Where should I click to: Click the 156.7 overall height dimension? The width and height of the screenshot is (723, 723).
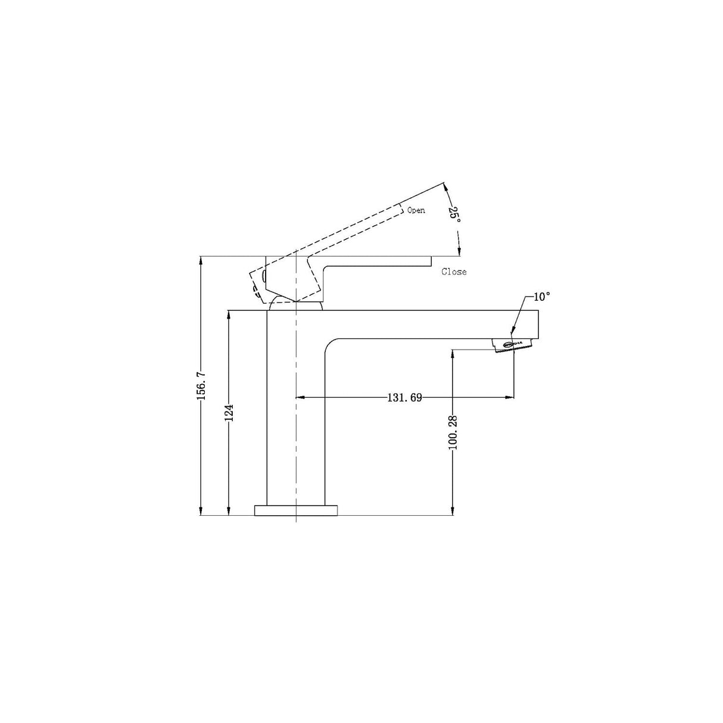click(201, 386)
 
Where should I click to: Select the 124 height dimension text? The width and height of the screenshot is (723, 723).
click(229, 412)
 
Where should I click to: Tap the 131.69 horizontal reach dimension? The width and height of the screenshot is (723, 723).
click(404, 397)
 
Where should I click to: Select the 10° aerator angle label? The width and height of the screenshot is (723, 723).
click(541, 297)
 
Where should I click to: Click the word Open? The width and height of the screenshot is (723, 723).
click(416, 210)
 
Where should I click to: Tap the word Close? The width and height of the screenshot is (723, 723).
click(454, 272)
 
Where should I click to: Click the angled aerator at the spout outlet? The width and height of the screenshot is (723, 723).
click(512, 345)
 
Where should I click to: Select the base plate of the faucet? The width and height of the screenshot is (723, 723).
click(296, 510)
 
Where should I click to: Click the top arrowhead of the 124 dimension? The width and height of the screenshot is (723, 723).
click(229, 314)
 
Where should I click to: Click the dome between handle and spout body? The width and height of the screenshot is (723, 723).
click(296, 305)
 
